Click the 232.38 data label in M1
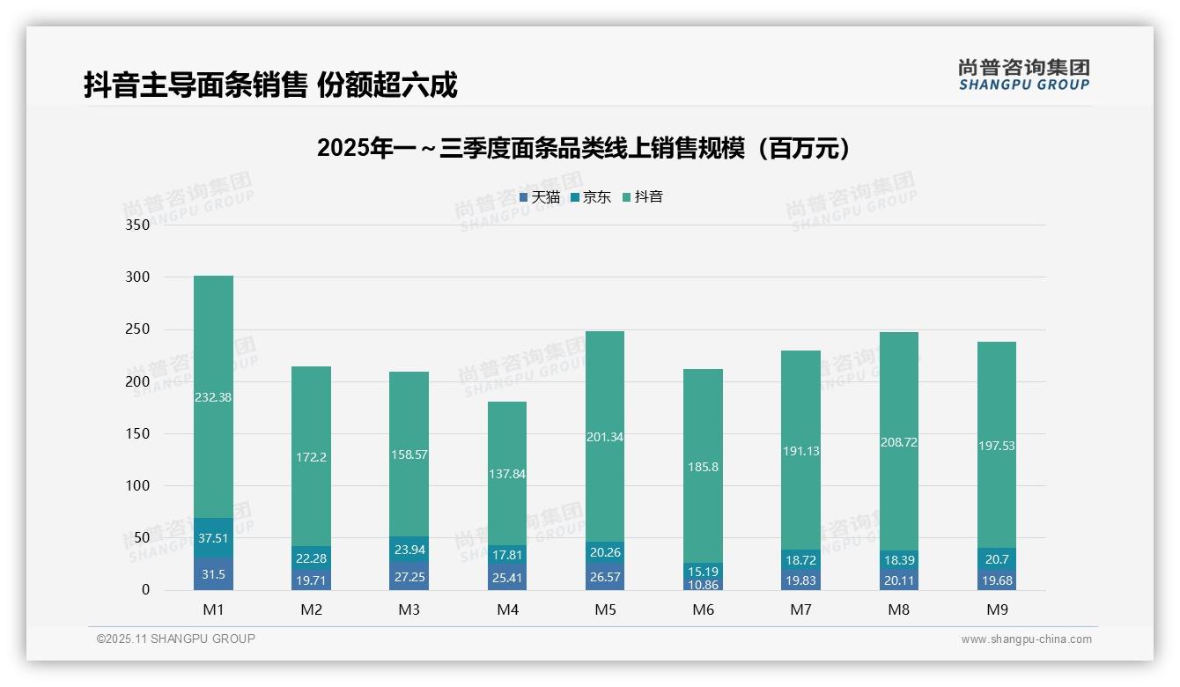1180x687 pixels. pos(213,397)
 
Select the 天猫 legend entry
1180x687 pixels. pos(540,197)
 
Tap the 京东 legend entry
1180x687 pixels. pos(591,197)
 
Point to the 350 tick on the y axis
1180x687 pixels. pos(138,225)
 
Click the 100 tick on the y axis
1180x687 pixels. pos(138,485)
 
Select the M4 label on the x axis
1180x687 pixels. pos(507,609)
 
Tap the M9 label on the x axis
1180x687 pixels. pos(997,609)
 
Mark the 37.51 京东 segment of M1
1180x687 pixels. pos(213,538)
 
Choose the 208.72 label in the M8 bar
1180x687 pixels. pos(898,442)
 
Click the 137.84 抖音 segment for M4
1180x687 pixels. pos(507,474)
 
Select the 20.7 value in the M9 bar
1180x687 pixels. pos(997,558)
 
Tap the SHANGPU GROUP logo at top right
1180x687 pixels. pos(1023,75)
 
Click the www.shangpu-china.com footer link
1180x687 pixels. pos(1026,639)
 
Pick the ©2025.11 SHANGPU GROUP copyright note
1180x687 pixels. pos(176,639)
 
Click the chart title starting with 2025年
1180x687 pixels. pos(584,148)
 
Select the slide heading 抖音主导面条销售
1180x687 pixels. pos(270,85)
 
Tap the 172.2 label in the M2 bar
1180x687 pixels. pos(312,457)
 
